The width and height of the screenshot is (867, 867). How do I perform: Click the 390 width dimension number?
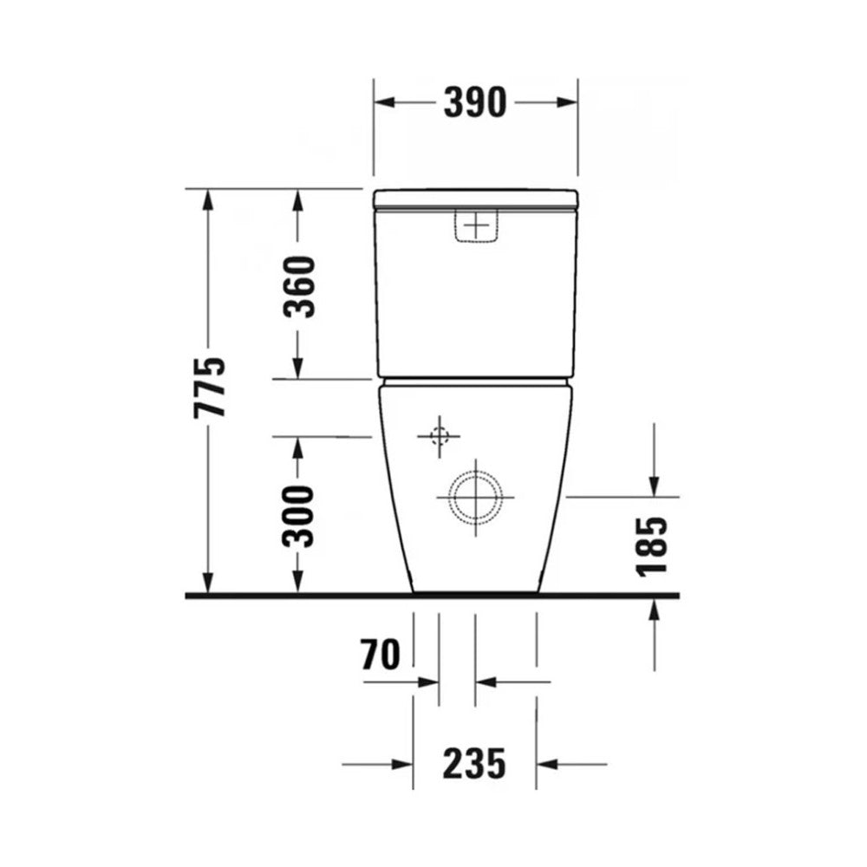pyautogui.click(x=475, y=102)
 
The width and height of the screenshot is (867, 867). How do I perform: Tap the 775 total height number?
pyautogui.click(x=210, y=387)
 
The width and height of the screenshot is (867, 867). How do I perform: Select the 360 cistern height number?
pyautogui.click(x=298, y=287)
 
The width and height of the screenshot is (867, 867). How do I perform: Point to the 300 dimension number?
pyautogui.click(x=298, y=517)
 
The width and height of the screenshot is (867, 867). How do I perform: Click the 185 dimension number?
pyautogui.click(x=653, y=547)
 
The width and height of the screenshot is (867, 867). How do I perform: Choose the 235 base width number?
pyautogui.click(x=474, y=764)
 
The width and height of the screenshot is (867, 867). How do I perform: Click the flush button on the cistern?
pyautogui.click(x=477, y=225)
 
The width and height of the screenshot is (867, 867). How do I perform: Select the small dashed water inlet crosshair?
pyautogui.click(x=440, y=437)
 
